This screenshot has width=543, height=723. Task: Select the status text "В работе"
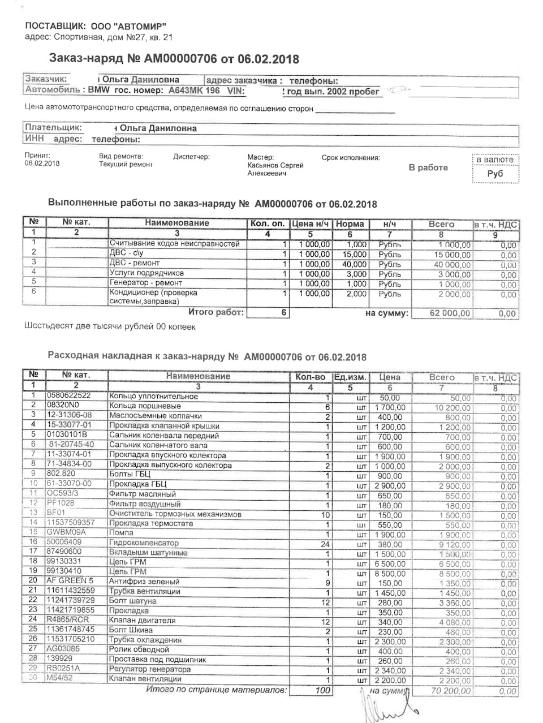pos(428,167)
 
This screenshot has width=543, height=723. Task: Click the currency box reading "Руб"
pos(495,174)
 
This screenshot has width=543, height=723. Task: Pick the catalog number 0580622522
pos(68,395)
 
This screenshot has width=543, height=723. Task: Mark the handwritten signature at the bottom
pos(390,707)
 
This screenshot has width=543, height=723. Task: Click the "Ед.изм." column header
pos(350,377)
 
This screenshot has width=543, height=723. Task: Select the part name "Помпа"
pos(121,533)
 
